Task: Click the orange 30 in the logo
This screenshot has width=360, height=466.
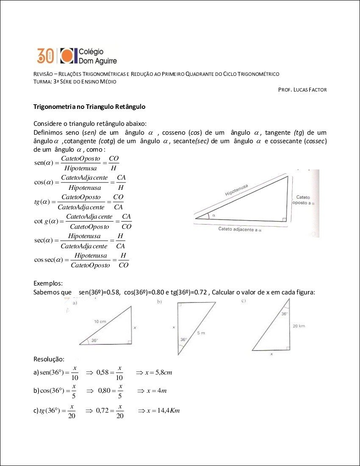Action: click(46, 55)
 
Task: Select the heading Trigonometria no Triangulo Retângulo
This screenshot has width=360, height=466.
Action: click(89, 107)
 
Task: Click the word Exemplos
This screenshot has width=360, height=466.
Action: click(48, 283)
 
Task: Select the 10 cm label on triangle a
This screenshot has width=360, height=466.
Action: click(100, 322)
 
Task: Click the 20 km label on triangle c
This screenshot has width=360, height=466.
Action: click(299, 326)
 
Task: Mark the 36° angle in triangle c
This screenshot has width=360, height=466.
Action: click(284, 314)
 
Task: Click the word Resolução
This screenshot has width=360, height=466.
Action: click(49, 359)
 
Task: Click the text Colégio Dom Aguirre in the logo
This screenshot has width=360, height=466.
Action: click(98, 56)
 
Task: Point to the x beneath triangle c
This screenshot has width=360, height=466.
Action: click(271, 354)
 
